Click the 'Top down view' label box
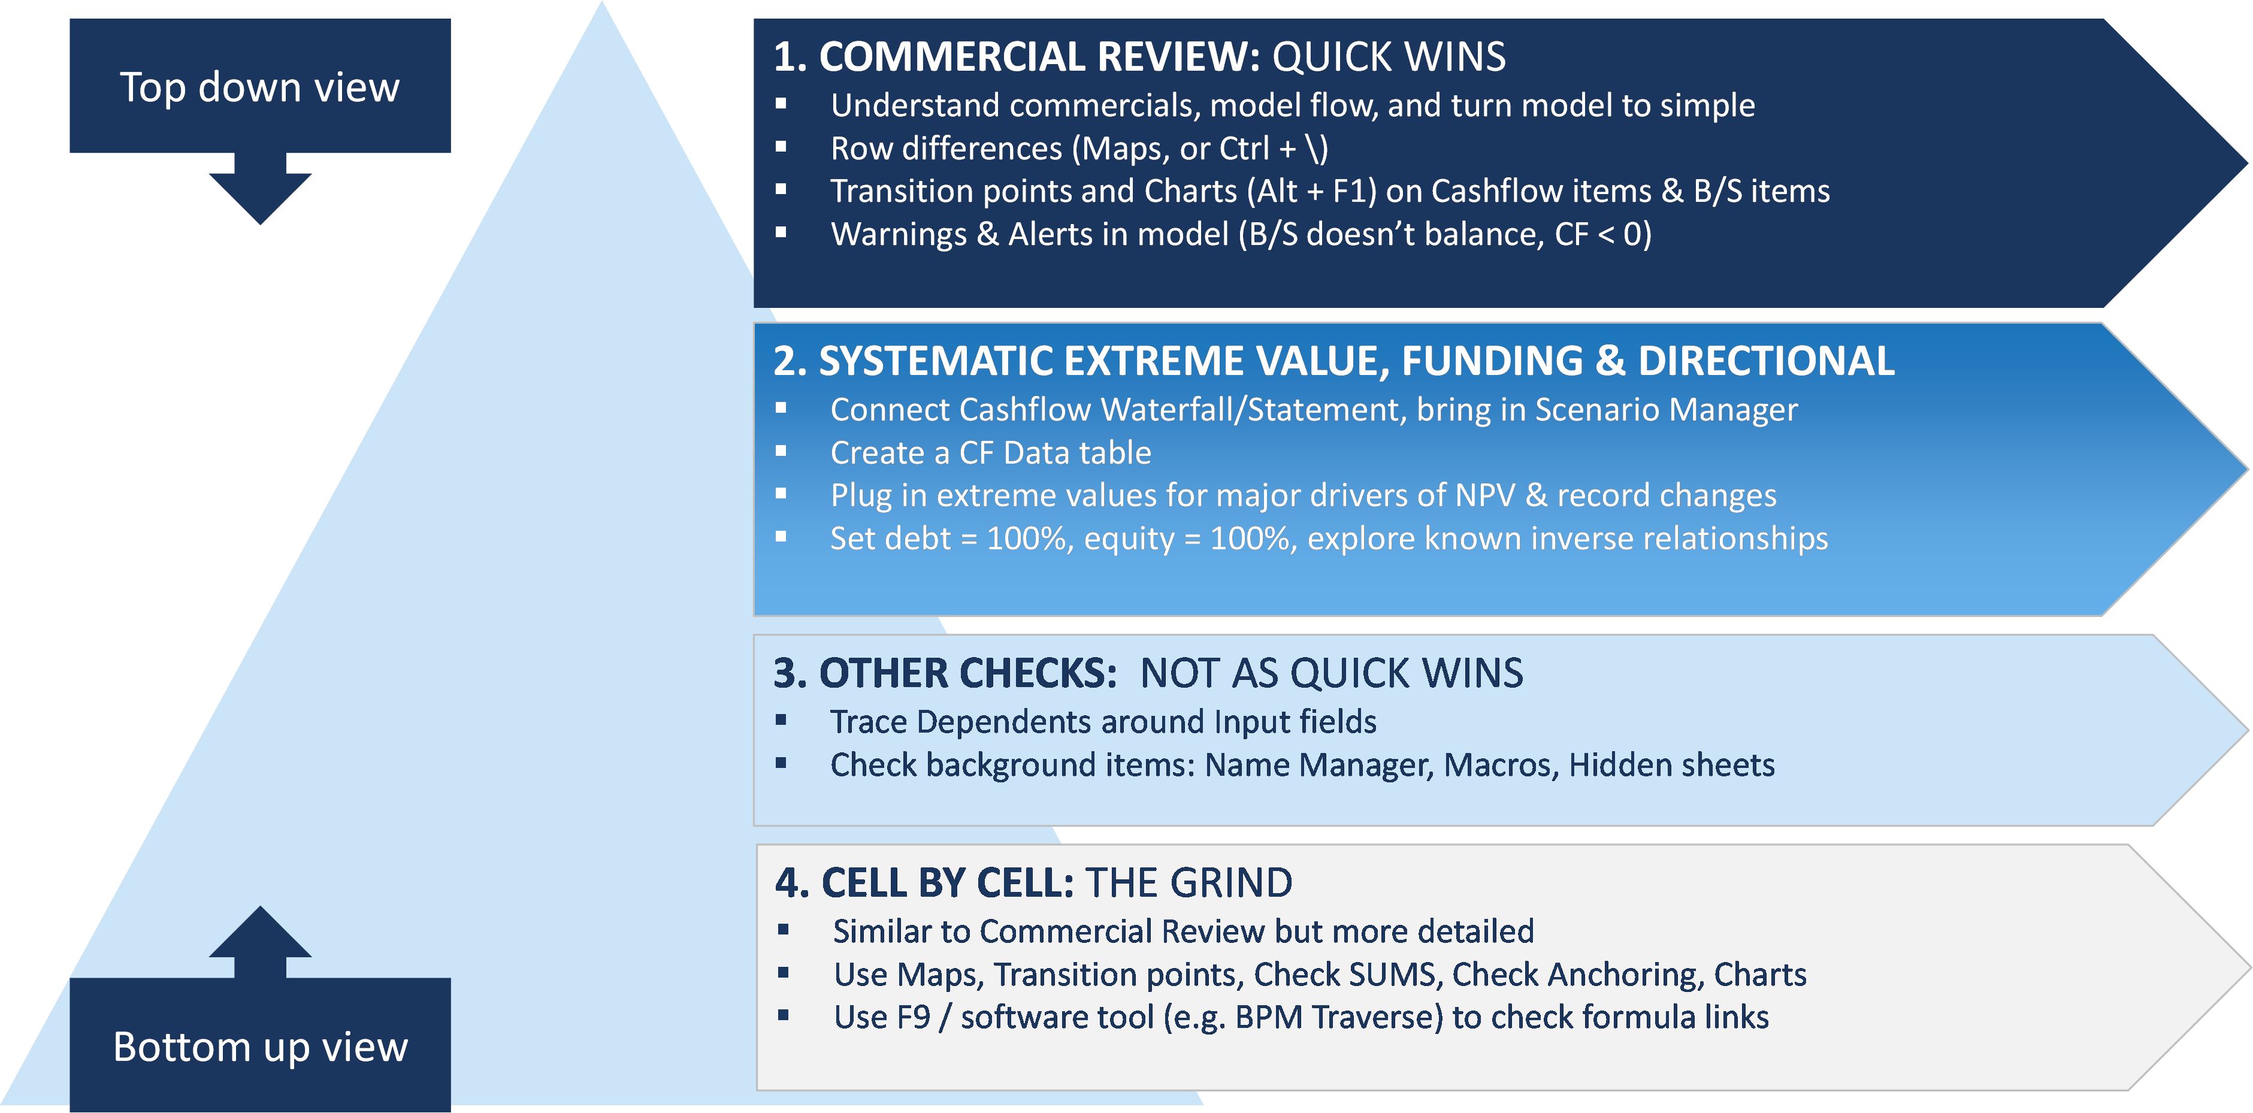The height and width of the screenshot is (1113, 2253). [260, 86]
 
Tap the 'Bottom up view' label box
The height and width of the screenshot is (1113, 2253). [260, 1045]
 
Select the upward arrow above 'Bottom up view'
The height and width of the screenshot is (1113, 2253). [260, 942]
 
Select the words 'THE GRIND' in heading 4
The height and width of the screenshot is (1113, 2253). [1189, 883]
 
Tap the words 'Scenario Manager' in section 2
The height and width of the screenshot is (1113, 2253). [1666, 409]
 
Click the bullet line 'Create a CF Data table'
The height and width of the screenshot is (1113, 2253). [990, 453]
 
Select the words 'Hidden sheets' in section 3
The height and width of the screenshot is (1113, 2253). [1671, 765]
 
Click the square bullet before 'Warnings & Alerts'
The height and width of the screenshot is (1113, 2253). [781, 232]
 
